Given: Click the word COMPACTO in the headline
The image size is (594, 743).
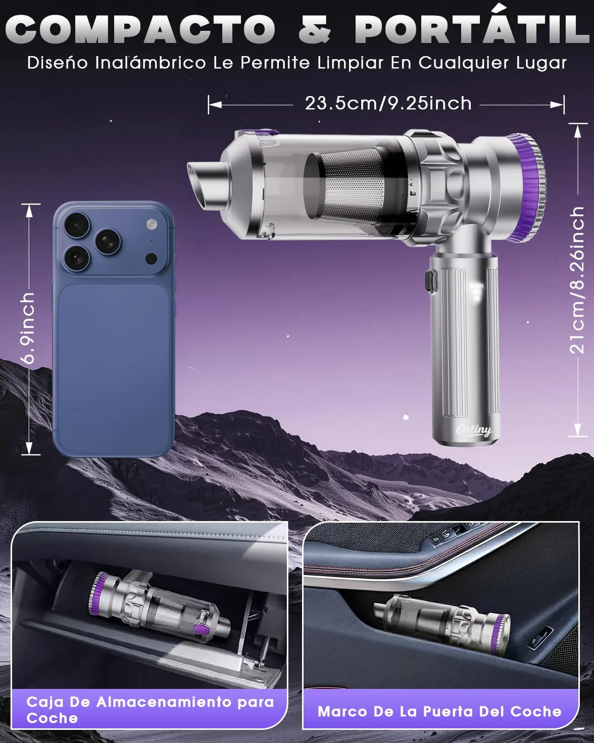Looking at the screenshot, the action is point(140,29).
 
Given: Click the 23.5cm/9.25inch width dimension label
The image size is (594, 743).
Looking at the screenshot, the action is point(388,103).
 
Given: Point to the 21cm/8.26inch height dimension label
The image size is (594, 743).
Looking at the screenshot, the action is point(577,280).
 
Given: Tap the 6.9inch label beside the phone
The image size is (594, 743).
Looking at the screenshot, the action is point(28,328).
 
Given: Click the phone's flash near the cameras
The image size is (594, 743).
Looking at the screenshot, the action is point(151,224).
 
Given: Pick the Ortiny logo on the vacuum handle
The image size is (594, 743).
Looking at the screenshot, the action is point(474,430).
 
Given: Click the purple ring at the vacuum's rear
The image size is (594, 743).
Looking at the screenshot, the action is point(528,187).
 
